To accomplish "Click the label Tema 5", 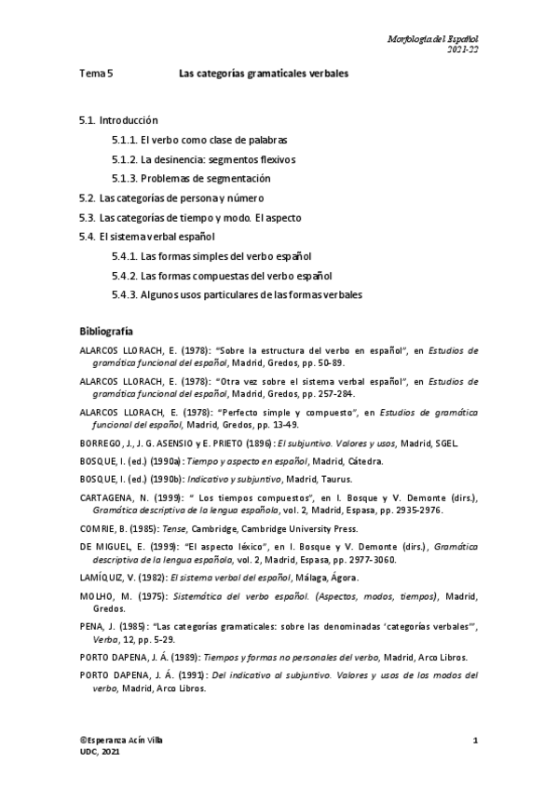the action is tap(96, 73).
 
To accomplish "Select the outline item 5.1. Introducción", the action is tap(118, 121).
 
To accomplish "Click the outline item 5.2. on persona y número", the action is tap(172, 197).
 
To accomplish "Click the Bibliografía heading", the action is tap(106, 332).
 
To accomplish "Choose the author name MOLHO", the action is tap(96, 596).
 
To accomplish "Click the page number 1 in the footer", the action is tap(475, 740).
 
